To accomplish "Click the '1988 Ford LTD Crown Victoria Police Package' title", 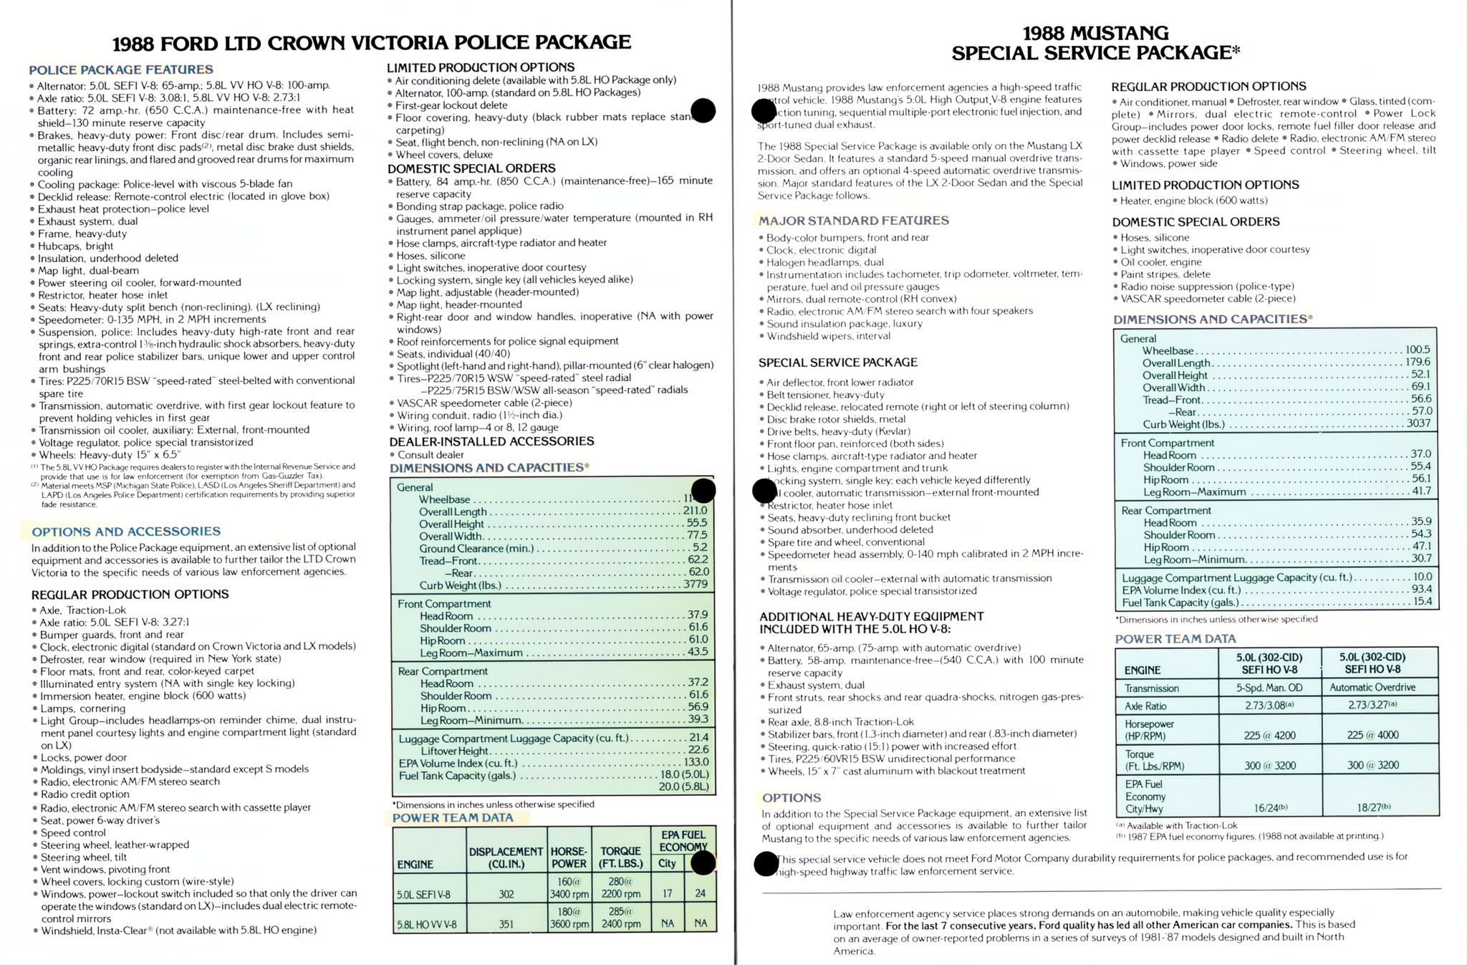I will pos(372,43).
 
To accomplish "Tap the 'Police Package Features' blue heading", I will pos(120,69).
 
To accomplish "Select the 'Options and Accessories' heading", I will pos(125,532).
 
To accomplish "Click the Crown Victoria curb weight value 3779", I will pos(695,585).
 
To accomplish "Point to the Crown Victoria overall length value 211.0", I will pos(695,511).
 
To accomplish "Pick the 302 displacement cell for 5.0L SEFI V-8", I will pos(506,894).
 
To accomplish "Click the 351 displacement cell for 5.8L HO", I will pos(506,924).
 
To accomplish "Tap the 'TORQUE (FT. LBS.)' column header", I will pos(620,858).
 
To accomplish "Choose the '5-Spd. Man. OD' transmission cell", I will pos(1269,688).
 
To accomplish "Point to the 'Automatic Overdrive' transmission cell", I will pos(1372,688).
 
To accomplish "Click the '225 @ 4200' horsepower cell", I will pos(1269,735).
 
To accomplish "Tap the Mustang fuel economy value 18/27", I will pos(1372,807).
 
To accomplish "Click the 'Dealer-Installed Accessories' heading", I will pos(491,441).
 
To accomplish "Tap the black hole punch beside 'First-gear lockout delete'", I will pos(703,110).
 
